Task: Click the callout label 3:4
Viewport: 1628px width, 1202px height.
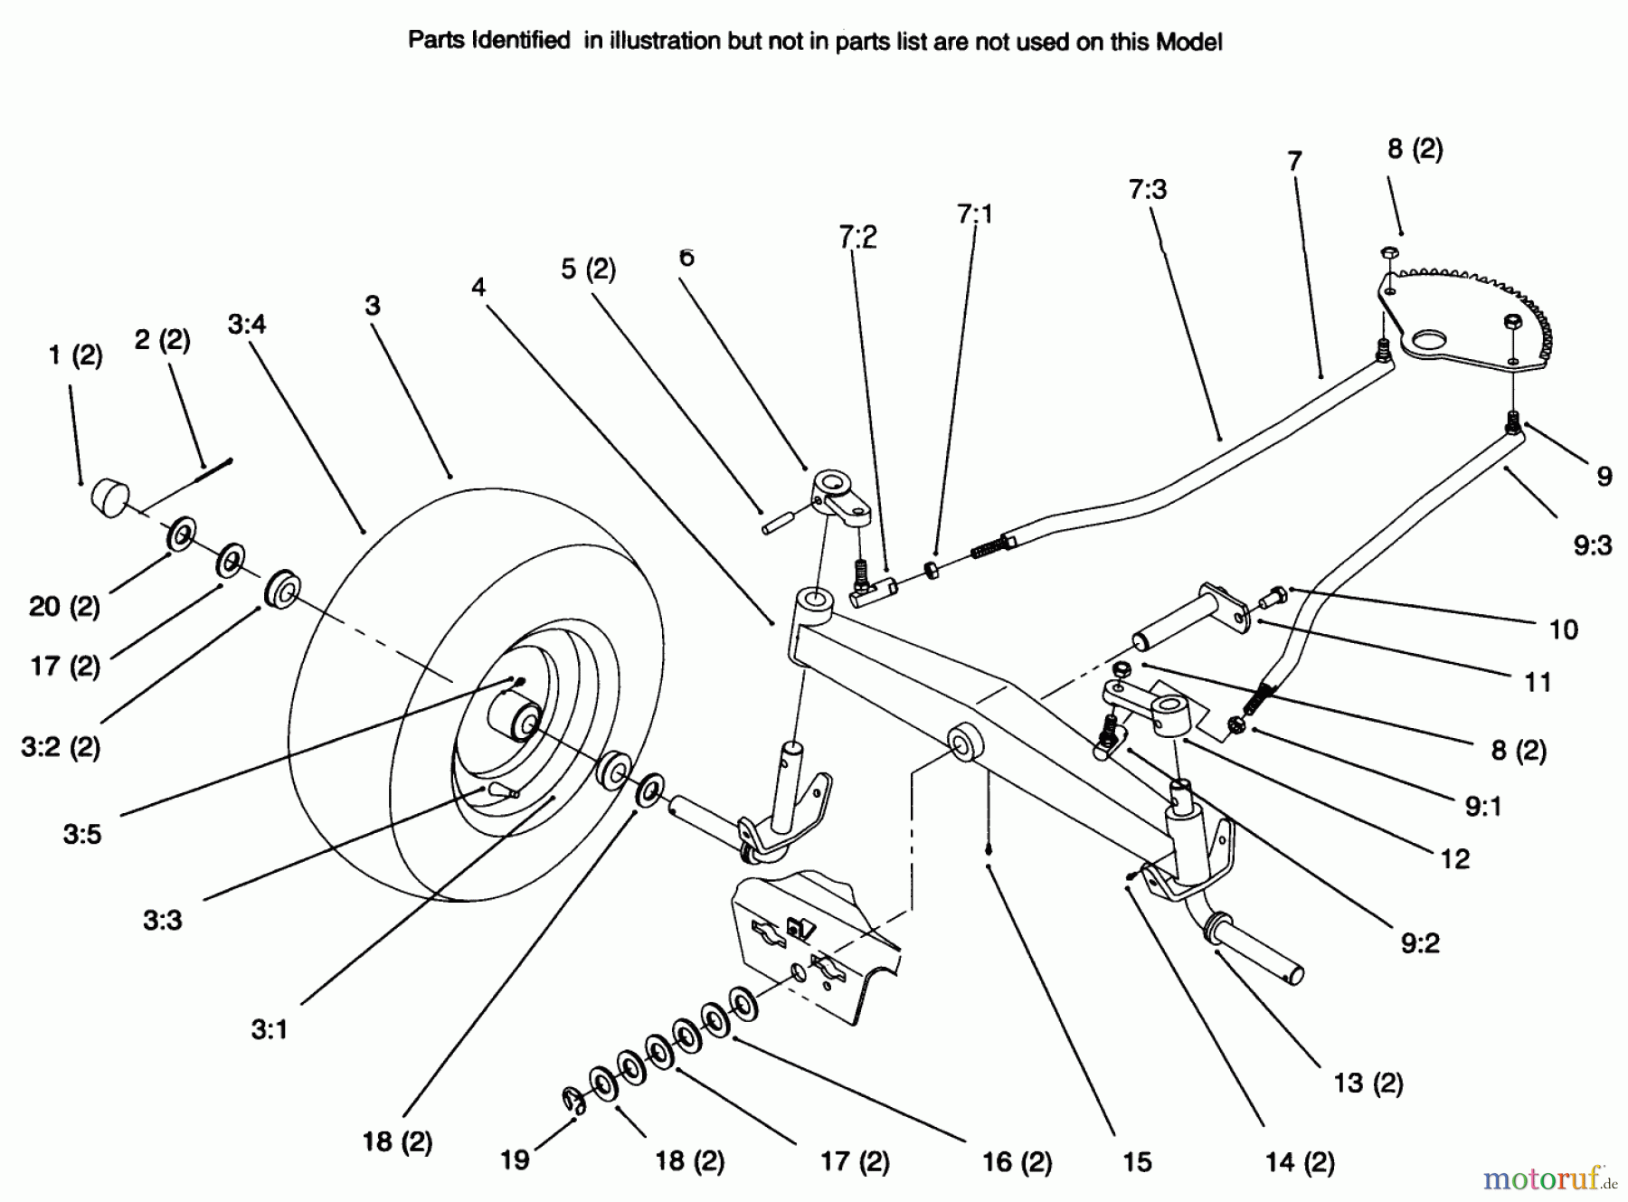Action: tap(247, 323)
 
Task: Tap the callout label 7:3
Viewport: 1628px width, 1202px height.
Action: tap(1148, 189)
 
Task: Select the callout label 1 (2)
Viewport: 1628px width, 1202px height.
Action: tap(75, 355)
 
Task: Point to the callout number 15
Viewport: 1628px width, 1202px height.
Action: tap(1137, 1161)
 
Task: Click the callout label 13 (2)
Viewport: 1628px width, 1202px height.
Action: tap(1368, 1083)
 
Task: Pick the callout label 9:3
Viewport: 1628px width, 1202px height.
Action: tap(1593, 545)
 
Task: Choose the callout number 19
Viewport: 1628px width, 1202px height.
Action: tap(515, 1160)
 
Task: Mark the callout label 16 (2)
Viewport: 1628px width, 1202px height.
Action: tap(1017, 1161)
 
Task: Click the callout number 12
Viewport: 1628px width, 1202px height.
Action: tap(1454, 858)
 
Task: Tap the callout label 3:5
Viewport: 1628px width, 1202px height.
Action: tap(82, 834)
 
